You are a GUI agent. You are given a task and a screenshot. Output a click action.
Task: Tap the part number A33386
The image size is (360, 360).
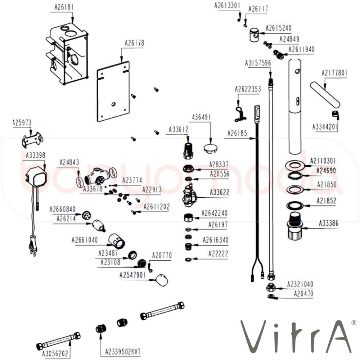[328, 223]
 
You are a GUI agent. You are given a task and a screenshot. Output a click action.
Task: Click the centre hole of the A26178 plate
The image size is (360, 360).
[113, 104]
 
